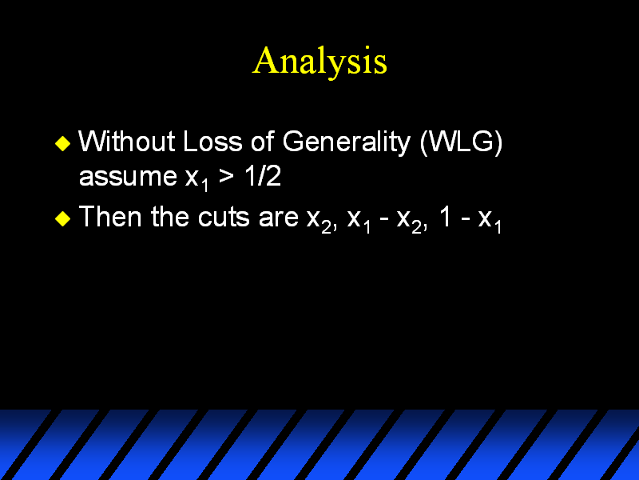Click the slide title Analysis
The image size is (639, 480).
coord(319,62)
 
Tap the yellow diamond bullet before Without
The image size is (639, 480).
coord(63,143)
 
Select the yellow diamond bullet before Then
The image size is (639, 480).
coord(63,218)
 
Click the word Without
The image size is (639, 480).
coord(127,142)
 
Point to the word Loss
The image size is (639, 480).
coord(212,142)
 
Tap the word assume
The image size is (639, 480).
coord(128,178)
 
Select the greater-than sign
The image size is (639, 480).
coord(226,177)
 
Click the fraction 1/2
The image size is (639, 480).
coord(263,176)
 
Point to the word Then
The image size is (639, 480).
coord(110,216)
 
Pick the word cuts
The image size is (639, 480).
coord(224,217)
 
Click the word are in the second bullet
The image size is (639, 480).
coord(279,218)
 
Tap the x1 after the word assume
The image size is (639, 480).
coord(196,179)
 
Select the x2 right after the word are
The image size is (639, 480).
coord(319,222)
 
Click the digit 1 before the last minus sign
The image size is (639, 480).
coord(445,216)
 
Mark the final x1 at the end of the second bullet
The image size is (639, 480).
coord(490,222)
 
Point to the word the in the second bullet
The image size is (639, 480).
coord(170,216)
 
